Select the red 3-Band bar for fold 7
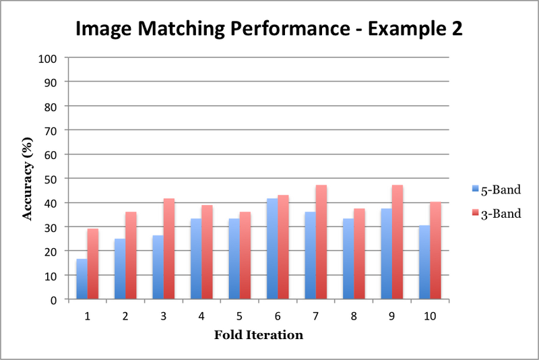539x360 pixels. pos(321,242)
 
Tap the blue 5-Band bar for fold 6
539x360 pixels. pos(272,249)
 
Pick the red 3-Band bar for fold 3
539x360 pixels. pos(169,249)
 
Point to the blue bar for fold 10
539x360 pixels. pos(424,262)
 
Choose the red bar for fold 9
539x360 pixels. pos(398,242)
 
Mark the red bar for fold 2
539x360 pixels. pos(131,256)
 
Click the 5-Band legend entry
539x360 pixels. pos(493,189)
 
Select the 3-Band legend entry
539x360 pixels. pos(493,214)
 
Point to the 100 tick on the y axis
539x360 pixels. pos(53,58)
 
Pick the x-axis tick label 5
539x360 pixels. pos(240,315)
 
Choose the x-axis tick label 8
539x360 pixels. pos(354,315)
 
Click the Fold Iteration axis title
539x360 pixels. pos(258,335)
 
